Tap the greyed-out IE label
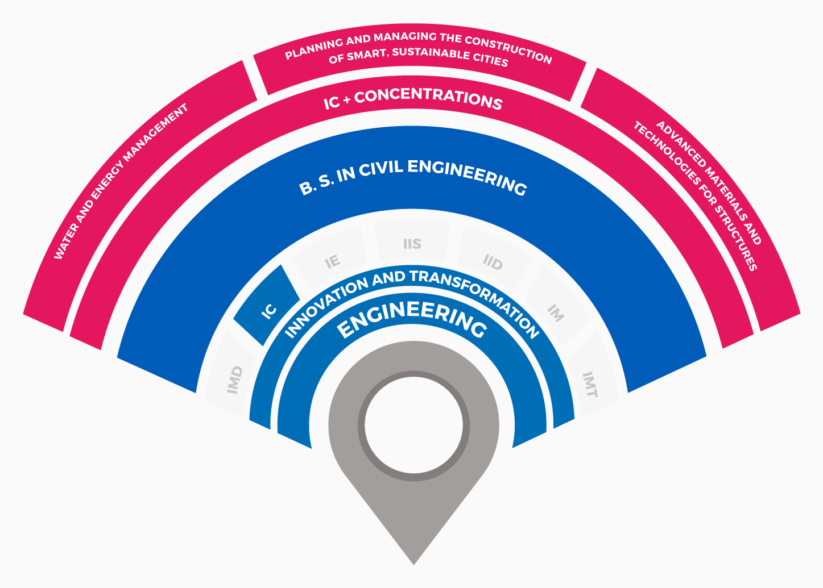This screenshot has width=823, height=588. (333, 262)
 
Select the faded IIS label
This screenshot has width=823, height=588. (412, 244)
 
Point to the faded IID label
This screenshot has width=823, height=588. (493, 262)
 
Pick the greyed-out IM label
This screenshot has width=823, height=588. (556, 312)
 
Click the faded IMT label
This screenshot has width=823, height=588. (590, 384)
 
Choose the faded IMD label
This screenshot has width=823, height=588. (235, 380)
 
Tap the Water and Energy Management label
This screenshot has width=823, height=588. (121, 181)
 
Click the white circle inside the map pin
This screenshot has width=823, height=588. (413, 425)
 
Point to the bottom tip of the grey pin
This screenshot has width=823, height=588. (413, 565)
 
